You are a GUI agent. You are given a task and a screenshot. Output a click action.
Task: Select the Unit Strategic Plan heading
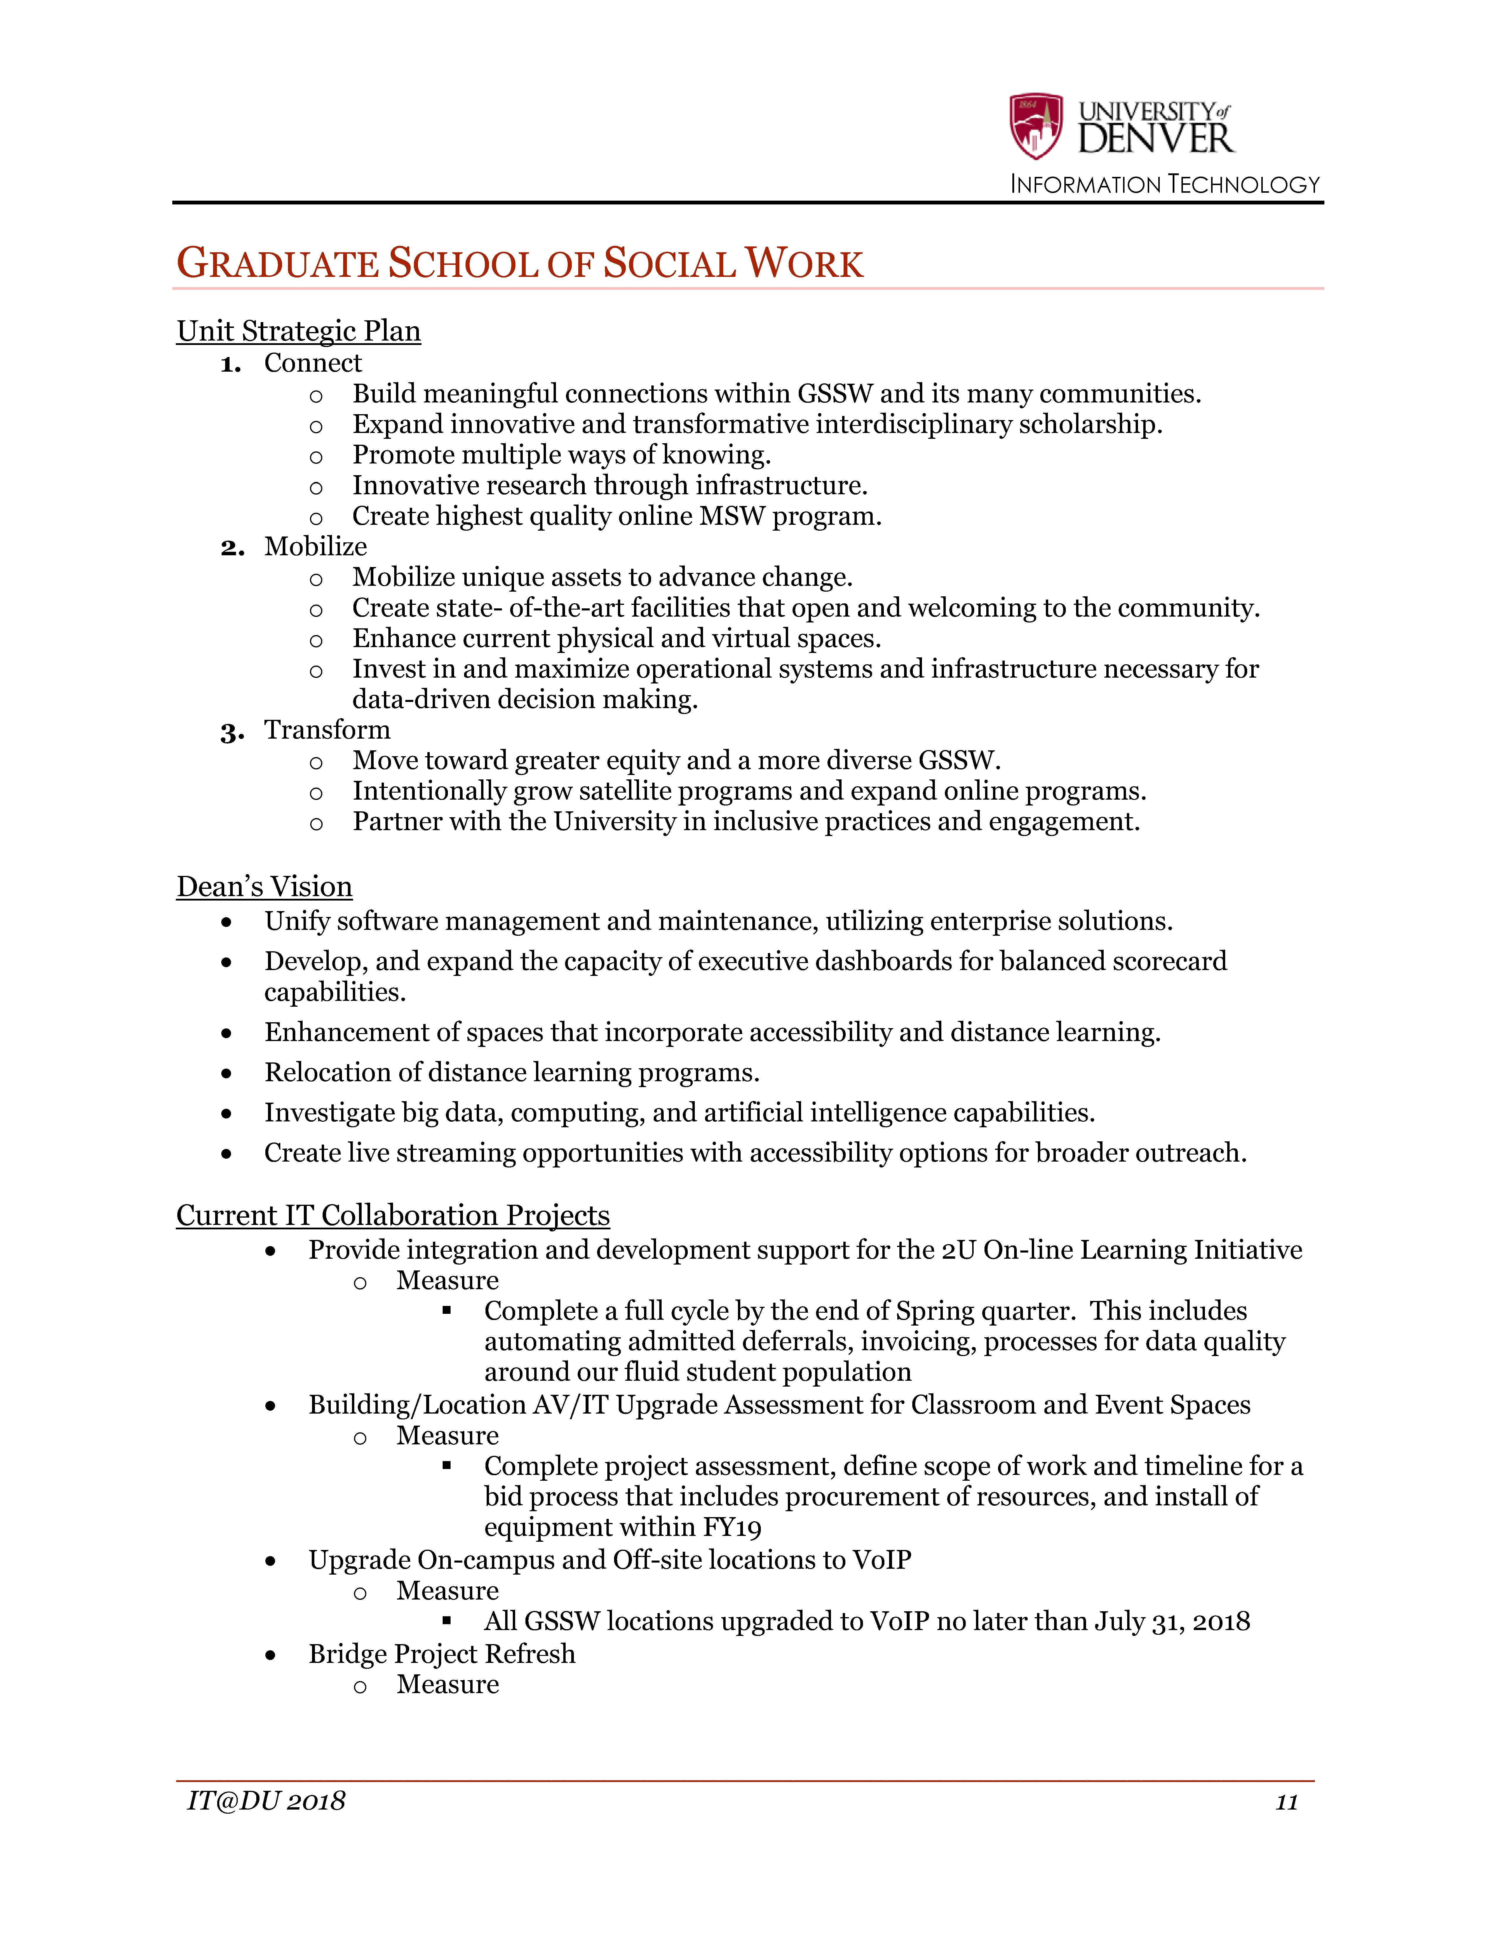click(x=298, y=331)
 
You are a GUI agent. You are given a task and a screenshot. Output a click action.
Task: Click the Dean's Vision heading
click(x=264, y=886)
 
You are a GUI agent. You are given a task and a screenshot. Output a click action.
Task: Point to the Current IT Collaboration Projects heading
click(x=393, y=1214)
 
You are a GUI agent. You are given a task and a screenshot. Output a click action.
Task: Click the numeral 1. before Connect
click(x=231, y=364)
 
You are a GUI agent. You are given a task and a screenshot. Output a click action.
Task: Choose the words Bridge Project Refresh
click(x=442, y=1654)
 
